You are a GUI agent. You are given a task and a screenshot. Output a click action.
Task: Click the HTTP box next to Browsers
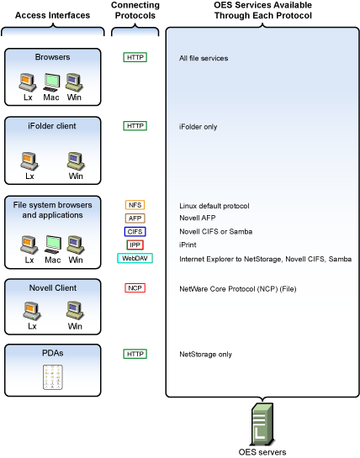135,57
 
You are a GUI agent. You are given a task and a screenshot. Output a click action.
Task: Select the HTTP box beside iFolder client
135,126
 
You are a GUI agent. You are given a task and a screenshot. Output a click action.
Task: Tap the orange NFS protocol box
135,205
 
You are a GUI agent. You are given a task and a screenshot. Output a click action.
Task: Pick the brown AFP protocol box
135,218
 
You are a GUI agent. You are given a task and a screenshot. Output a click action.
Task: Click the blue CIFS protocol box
135,232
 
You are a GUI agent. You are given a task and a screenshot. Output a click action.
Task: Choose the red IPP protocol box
135,245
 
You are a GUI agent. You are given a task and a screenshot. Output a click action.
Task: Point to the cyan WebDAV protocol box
135,258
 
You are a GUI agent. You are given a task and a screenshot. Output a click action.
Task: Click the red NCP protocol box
135,288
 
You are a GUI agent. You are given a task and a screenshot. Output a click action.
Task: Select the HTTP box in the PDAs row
135,354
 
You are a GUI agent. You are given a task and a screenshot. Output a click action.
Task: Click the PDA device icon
53,376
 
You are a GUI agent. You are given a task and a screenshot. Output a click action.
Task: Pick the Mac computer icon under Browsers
51,82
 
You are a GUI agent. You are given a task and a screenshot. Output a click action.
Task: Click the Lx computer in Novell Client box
32,311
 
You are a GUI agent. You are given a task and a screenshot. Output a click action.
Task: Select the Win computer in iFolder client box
76,161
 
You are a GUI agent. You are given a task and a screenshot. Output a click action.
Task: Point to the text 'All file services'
204,58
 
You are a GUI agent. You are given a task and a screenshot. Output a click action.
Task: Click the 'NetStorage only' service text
205,355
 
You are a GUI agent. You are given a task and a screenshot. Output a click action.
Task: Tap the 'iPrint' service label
188,245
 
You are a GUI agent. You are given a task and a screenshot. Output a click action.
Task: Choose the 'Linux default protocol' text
214,206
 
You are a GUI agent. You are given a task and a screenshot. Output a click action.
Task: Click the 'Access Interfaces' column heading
53,15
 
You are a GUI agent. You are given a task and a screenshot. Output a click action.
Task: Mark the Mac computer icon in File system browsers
53,245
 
